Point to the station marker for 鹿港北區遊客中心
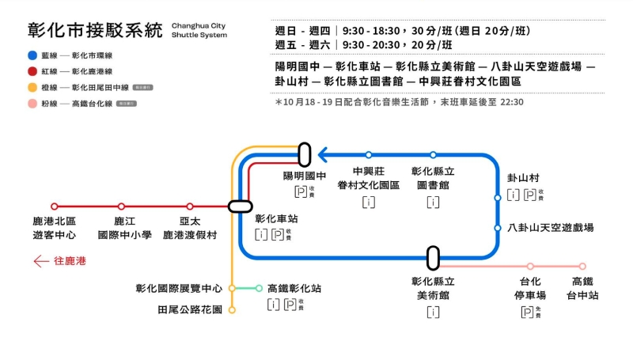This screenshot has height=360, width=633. pyautogui.click(x=55, y=207)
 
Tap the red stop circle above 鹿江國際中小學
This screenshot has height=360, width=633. pyautogui.click(x=121, y=207)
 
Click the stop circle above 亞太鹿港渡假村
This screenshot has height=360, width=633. pyautogui.click(x=190, y=207)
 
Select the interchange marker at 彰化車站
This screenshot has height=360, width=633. pyautogui.click(x=240, y=207)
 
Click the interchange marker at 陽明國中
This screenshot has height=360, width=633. pyautogui.click(x=305, y=154)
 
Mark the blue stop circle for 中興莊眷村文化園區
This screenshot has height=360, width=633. pyautogui.click(x=369, y=155)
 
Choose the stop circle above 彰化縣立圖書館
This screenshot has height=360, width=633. pyautogui.click(x=433, y=155)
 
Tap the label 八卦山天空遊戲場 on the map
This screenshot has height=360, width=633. pyautogui.click(x=552, y=228)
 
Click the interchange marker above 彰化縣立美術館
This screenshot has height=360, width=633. pyautogui.click(x=433, y=257)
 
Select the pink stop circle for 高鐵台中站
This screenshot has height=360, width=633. pyautogui.click(x=582, y=267)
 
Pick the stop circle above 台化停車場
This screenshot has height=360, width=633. pyautogui.click(x=530, y=267)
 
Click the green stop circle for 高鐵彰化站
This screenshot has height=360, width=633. pyautogui.click(x=260, y=288)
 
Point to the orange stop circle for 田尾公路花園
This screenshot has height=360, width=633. pyautogui.click(x=232, y=309)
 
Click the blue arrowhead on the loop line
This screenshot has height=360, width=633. pyautogui.click(x=324, y=155)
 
